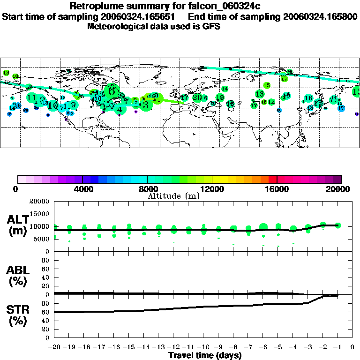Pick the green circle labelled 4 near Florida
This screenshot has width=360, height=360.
tap(120, 110)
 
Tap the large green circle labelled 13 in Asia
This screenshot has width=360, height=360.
tap(260, 94)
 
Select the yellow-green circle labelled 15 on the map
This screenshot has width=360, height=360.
tap(267, 85)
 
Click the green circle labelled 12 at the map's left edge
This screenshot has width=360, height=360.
tap(6, 73)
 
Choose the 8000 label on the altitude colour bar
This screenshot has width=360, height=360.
tap(147, 189)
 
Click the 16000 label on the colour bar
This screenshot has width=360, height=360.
tap(277, 189)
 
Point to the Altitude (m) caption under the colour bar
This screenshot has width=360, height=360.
tap(173, 196)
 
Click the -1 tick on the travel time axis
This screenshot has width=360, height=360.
tap(337, 347)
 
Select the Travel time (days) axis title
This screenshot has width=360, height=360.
tap(205, 356)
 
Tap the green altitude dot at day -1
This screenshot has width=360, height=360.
tap(338, 225)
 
